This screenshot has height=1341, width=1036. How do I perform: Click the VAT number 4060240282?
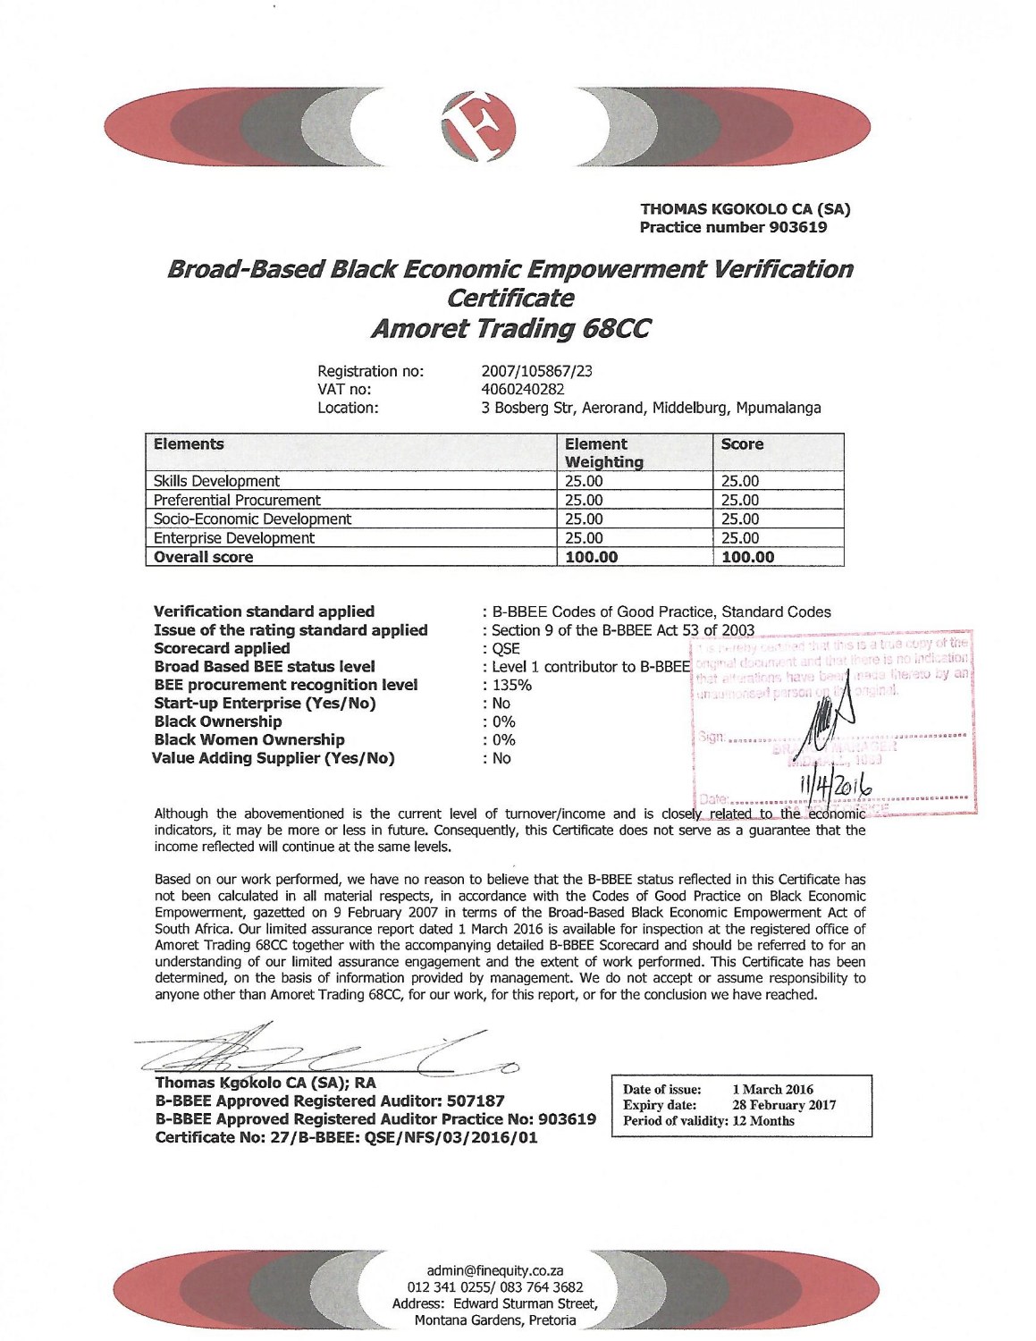pos(522,389)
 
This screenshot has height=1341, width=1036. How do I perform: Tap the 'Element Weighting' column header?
pos(603,452)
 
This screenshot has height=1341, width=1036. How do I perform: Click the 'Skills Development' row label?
pos(216,481)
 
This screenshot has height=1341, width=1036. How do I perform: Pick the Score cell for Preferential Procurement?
pos(739,500)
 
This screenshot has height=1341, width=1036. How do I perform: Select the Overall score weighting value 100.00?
pos(591,557)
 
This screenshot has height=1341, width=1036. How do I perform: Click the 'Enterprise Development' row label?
pos(233,538)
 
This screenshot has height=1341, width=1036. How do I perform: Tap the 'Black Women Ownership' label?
pos(248,739)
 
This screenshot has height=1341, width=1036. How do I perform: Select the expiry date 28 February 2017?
pos(784,1105)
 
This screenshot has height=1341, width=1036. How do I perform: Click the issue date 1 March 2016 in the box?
pos(772,1089)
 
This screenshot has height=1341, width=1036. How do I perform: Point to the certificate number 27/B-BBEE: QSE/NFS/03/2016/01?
pos(346,1137)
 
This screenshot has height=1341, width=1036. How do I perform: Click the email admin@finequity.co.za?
pos(494,1270)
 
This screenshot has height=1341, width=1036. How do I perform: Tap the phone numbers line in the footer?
pos(494,1287)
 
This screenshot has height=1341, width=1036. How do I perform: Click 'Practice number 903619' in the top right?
pos(733,227)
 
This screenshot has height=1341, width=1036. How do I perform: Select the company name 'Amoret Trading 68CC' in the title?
pos(510,329)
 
